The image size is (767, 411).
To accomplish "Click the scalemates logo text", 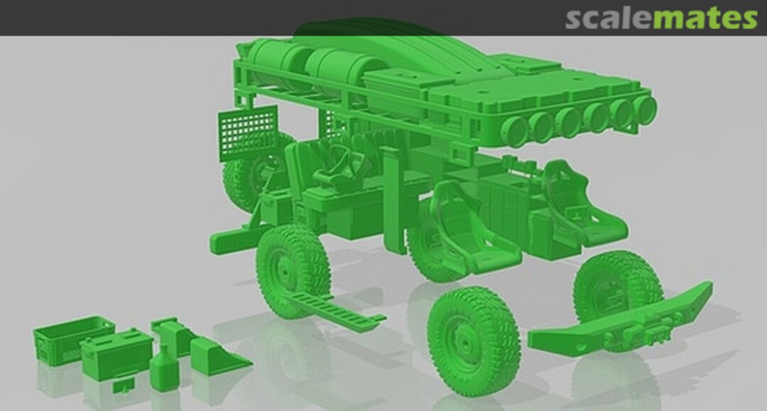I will (x=661, y=18).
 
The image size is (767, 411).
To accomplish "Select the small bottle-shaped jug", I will (x=163, y=367).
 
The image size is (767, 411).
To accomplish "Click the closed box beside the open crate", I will (x=116, y=355).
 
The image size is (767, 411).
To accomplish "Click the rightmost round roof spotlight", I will (x=644, y=108).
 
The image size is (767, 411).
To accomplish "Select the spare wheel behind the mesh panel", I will (x=250, y=177).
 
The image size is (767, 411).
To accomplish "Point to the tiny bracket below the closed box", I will (x=124, y=384).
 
